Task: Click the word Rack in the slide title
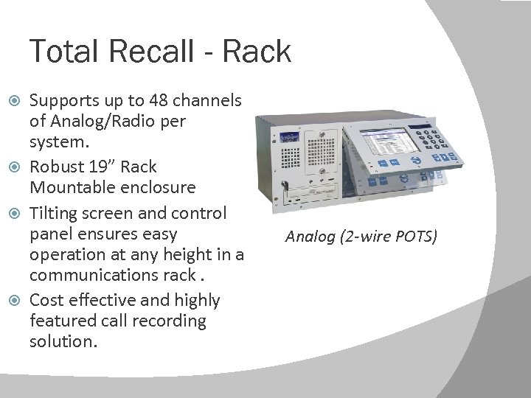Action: tap(261, 51)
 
